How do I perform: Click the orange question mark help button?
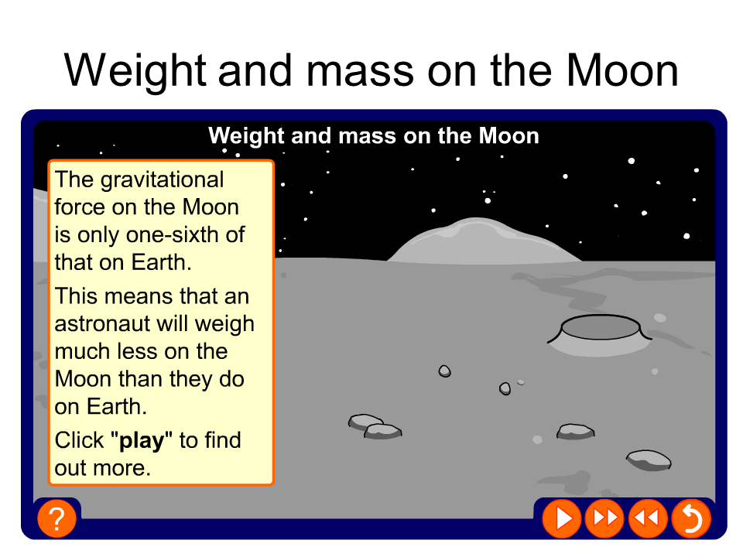coord(56,518)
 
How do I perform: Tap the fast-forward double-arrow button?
coord(604,518)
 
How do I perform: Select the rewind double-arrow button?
coord(648,518)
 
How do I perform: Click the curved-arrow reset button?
coord(691,518)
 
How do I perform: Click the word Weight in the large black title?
coord(135,72)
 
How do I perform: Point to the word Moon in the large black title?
coord(622,70)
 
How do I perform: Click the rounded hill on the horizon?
coord(483,241)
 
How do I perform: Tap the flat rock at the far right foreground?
coord(649,460)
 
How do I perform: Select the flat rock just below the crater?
coord(575,432)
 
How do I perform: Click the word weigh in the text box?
coord(224,325)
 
